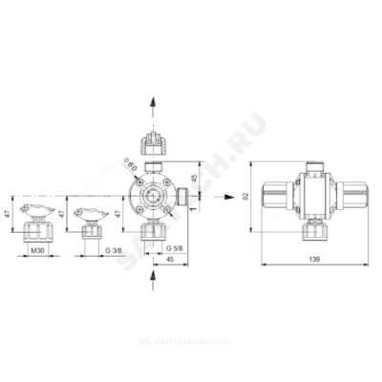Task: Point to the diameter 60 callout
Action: tap(131, 165)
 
